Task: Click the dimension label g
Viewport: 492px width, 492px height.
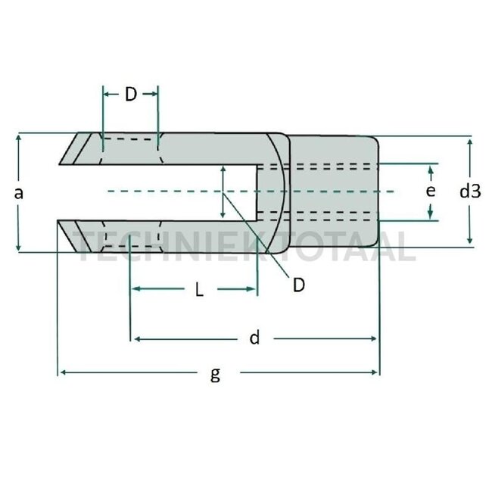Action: [216, 375]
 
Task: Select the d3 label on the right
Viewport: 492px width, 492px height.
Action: [470, 192]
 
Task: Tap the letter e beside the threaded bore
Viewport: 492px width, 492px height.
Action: [430, 192]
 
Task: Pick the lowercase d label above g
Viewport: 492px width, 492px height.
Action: [255, 338]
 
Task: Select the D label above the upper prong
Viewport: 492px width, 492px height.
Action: [130, 95]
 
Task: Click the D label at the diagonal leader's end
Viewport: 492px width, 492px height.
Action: [299, 284]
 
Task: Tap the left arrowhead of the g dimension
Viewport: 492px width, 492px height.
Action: [63, 372]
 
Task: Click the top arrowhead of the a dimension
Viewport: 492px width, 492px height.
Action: [18, 139]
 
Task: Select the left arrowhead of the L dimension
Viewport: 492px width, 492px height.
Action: [135, 289]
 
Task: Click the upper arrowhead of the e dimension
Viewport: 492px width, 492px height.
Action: [431, 167]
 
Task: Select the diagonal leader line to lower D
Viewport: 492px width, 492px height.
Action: [257, 235]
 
